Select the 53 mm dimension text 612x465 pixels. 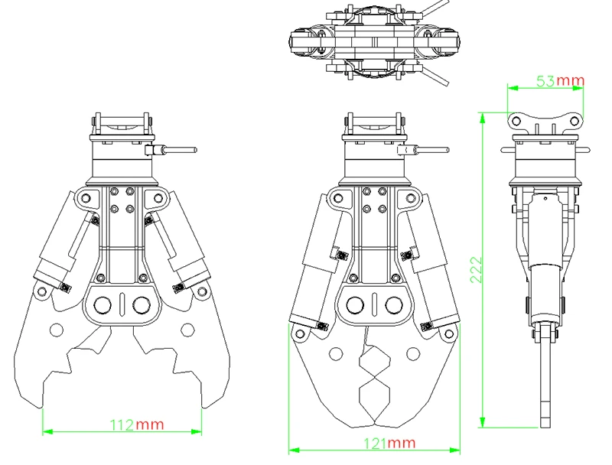(559, 81)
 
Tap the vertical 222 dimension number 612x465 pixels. (476, 270)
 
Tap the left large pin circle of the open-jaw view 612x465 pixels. (103, 305)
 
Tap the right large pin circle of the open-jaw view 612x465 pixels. (141, 305)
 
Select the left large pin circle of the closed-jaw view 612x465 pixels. (355, 306)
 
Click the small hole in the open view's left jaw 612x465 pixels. (55, 330)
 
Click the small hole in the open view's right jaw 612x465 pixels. (185, 330)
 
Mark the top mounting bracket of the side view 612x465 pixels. (545, 121)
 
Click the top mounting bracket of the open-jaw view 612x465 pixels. (122, 125)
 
